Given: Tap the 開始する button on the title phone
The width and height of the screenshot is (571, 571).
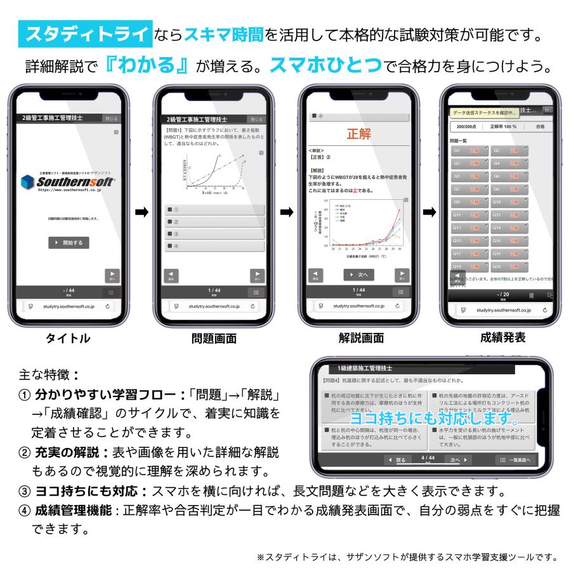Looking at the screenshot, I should point(69,243).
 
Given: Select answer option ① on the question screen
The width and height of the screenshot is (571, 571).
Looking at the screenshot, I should point(214,210).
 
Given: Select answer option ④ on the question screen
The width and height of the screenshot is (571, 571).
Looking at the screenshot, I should point(214,246).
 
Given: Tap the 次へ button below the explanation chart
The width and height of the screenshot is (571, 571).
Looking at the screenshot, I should point(358,275).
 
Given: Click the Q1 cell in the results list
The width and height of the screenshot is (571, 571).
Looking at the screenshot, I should point(469,151).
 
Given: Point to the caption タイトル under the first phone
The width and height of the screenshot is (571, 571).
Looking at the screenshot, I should point(69,338).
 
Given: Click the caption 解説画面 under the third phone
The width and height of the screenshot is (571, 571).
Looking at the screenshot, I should point(360,338).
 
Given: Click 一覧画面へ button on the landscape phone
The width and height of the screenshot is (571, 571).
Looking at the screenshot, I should point(515,459).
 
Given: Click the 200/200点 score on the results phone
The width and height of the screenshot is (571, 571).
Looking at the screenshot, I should point(466,126).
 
